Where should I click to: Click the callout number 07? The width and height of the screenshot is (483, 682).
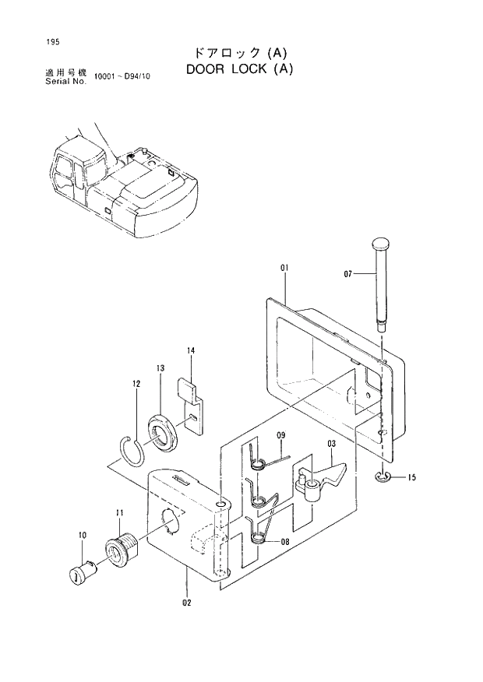click(x=348, y=273)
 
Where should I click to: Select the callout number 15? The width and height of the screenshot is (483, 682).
click(x=411, y=478)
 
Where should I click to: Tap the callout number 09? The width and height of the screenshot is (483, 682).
click(x=281, y=434)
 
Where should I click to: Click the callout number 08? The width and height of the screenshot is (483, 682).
click(x=284, y=541)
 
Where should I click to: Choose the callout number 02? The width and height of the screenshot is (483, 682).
click(x=186, y=602)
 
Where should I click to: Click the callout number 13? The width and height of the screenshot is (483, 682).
click(x=160, y=367)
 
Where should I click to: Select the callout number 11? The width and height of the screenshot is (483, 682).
click(x=119, y=512)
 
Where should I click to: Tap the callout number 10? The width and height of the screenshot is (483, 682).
click(x=82, y=536)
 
